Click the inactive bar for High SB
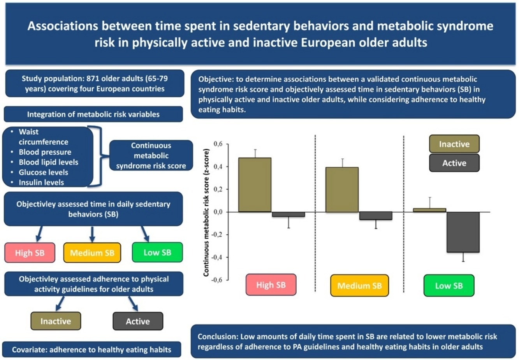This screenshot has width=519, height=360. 255,185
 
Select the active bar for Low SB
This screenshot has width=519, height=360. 463,232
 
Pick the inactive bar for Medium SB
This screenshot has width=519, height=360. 342,190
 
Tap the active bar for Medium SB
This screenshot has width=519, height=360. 376,216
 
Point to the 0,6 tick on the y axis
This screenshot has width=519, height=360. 218,144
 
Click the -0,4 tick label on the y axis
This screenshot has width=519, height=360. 218,257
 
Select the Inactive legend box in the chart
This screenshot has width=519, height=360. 454,144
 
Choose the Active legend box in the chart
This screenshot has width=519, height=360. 454,163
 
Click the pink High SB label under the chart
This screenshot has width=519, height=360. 271,285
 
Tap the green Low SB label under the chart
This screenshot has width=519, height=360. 449,286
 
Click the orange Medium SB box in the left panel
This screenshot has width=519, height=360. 92,253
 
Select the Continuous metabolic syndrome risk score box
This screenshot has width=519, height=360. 151,156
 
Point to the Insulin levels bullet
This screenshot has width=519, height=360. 41,182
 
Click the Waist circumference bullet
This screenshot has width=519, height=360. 43,137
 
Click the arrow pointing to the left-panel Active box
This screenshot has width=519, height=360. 133,303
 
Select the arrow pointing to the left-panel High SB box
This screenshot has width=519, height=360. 39,234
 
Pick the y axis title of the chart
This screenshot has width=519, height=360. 206,212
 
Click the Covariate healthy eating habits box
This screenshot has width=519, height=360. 91,349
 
